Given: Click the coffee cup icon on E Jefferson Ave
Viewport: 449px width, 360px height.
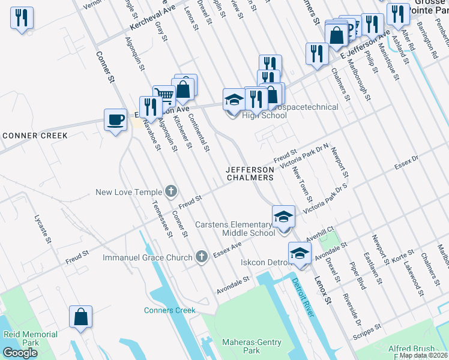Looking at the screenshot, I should [x=115, y=119].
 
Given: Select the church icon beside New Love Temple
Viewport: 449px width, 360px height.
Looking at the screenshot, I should [x=171, y=192].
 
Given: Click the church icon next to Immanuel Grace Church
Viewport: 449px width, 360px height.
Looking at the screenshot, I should [x=202, y=257].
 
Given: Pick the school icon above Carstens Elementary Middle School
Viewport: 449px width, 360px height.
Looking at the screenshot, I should [x=284, y=216].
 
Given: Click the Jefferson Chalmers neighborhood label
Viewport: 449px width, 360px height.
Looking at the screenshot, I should [x=250, y=173].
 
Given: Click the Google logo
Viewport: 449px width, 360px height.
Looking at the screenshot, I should [x=20, y=352].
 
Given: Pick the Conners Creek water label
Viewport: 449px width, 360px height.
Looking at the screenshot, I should [x=169, y=310].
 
